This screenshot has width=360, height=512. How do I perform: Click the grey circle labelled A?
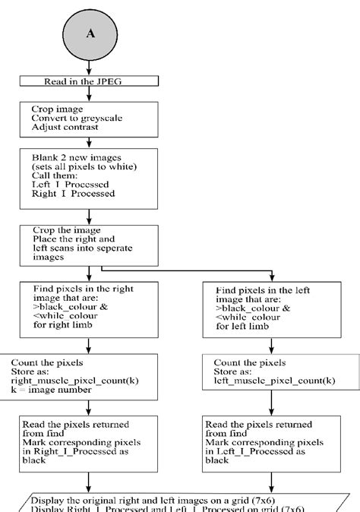pos(90,34)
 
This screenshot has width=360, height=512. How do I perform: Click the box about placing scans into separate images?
pos(90,244)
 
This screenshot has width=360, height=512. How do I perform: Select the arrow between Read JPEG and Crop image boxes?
pos(90,93)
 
